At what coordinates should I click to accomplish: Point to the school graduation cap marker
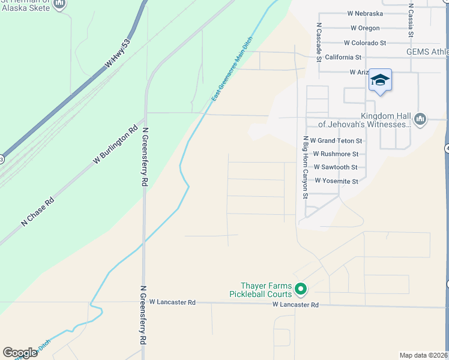tap(379, 80)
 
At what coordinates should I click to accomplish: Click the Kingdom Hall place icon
tap(420, 119)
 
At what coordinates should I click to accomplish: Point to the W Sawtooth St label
tap(336, 167)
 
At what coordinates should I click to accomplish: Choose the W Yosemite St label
tap(336, 181)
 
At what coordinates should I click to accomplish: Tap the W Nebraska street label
tap(365, 14)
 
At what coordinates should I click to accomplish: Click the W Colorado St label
tap(364, 43)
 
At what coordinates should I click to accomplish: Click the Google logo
tap(20, 353)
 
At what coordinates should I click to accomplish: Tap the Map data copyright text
tap(423, 355)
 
